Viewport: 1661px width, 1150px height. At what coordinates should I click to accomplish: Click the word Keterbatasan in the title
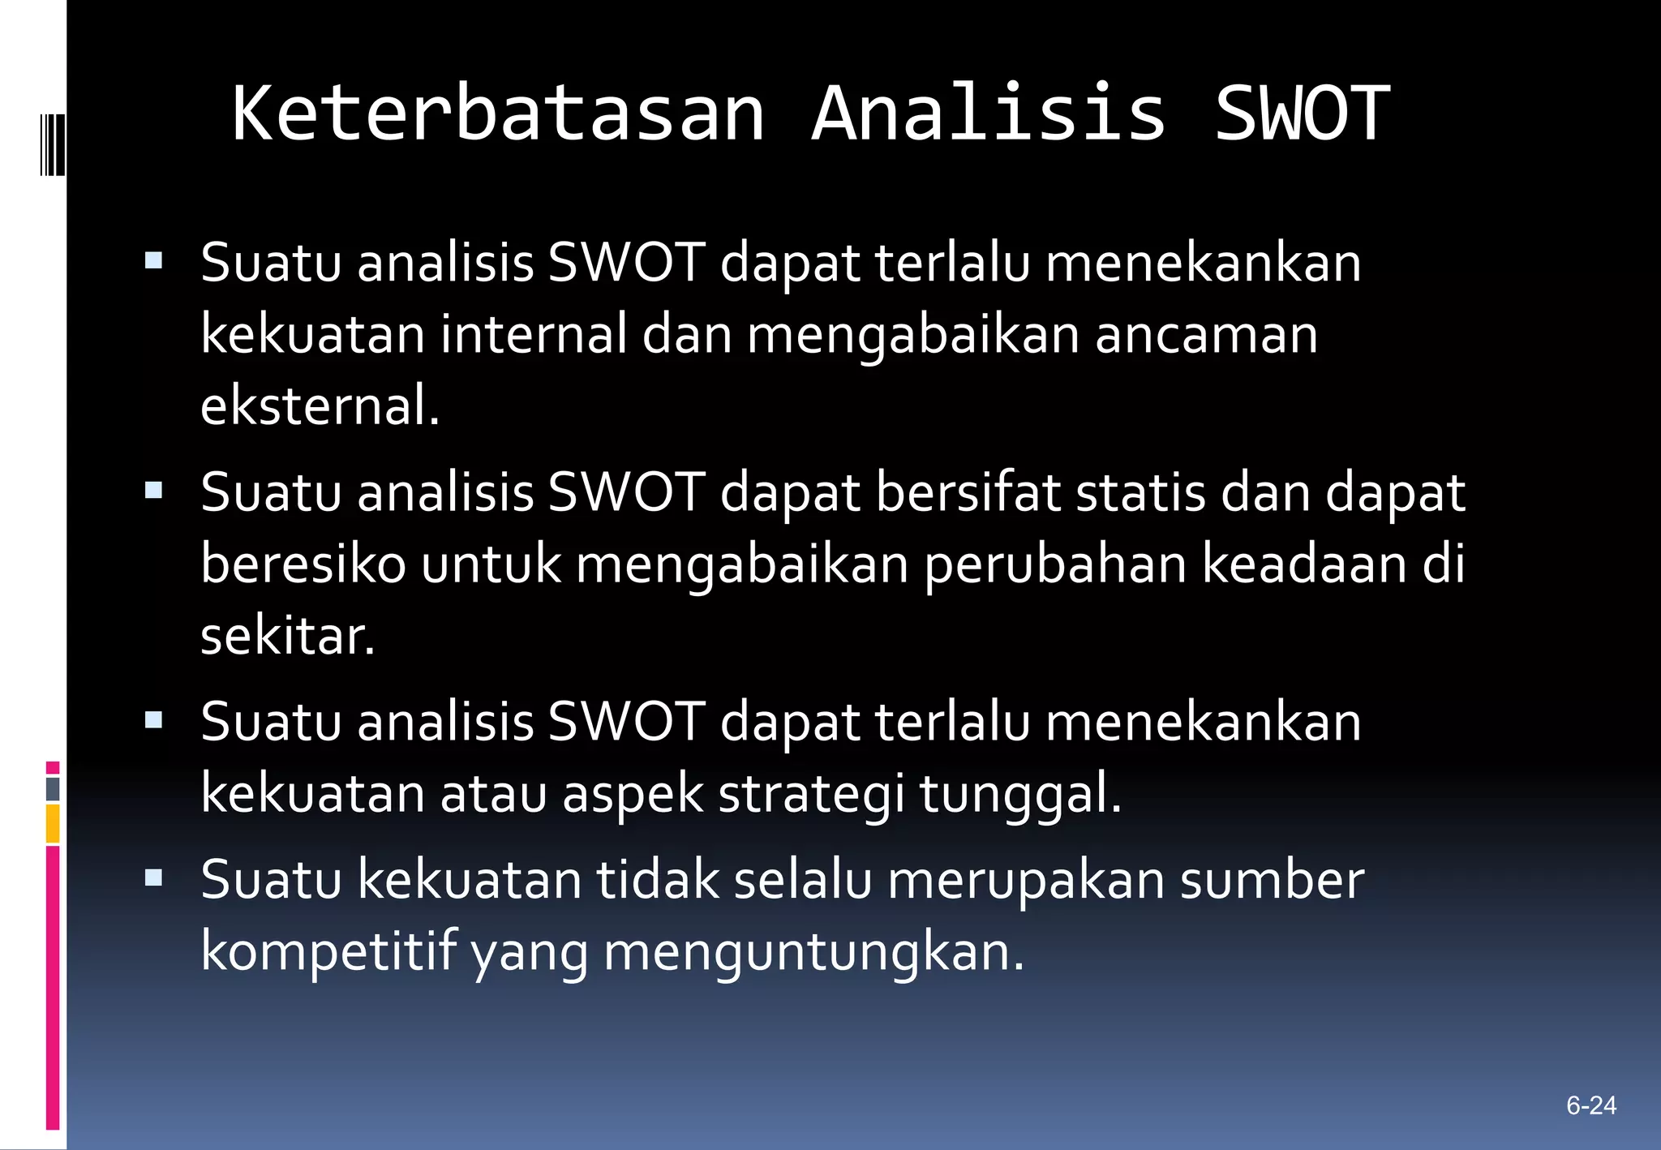pyautogui.click(x=498, y=114)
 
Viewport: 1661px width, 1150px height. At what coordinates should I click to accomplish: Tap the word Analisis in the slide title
pyautogui.click(x=988, y=114)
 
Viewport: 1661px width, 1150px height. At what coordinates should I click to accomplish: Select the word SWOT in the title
pyautogui.click(x=1302, y=114)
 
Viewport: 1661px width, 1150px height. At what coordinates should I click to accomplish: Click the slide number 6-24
pyautogui.click(x=1591, y=1105)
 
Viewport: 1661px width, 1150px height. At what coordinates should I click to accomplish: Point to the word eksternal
pyautogui.click(x=320, y=406)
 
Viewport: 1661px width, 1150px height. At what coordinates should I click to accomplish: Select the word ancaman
pyautogui.click(x=1206, y=334)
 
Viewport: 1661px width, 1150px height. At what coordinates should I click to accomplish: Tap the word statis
pyautogui.click(x=1140, y=492)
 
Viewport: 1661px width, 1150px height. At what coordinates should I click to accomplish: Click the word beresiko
pyautogui.click(x=303, y=564)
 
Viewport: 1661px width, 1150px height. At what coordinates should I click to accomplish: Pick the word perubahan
pyautogui.click(x=1055, y=564)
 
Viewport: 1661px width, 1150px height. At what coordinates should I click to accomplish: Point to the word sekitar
pyautogui.click(x=287, y=636)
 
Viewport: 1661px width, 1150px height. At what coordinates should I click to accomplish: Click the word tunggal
pyautogui.click(x=1019, y=793)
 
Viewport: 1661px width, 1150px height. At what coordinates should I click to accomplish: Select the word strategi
pyautogui.click(x=811, y=793)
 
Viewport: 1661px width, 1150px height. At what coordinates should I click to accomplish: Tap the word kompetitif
pyautogui.click(x=328, y=950)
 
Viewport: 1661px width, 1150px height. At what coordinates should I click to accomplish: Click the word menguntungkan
pyautogui.click(x=813, y=950)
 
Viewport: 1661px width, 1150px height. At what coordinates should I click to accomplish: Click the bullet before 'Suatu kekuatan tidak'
pyautogui.click(x=153, y=877)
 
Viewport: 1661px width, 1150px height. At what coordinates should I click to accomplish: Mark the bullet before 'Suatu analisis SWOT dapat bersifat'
pyautogui.click(x=153, y=490)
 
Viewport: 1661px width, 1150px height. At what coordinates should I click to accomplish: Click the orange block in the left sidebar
pyautogui.click(x=53, y=823)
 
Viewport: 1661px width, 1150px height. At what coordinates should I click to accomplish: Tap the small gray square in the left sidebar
pyautogui.click(x=53, y=789)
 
